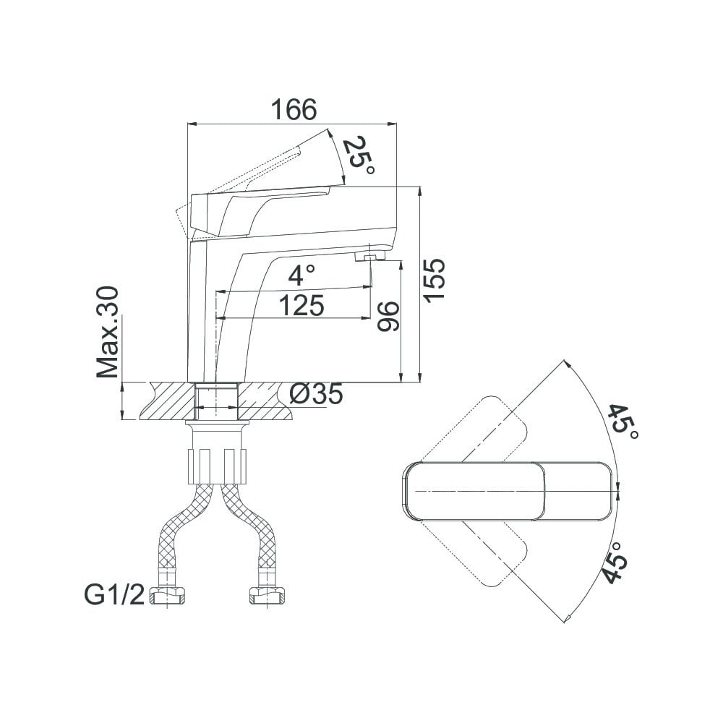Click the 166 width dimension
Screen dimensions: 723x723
tap(294, 110)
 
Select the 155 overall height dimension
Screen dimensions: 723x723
tap(435, 281)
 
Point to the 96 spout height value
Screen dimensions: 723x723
tap(388, 317)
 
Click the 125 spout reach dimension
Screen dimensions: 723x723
tap(301, 305)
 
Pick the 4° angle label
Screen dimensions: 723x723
tap(302, 275)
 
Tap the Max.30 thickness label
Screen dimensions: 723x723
tap(108, 332)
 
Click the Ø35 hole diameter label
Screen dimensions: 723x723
tap(317, 394)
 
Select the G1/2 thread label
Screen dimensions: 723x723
tap(114, 594)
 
